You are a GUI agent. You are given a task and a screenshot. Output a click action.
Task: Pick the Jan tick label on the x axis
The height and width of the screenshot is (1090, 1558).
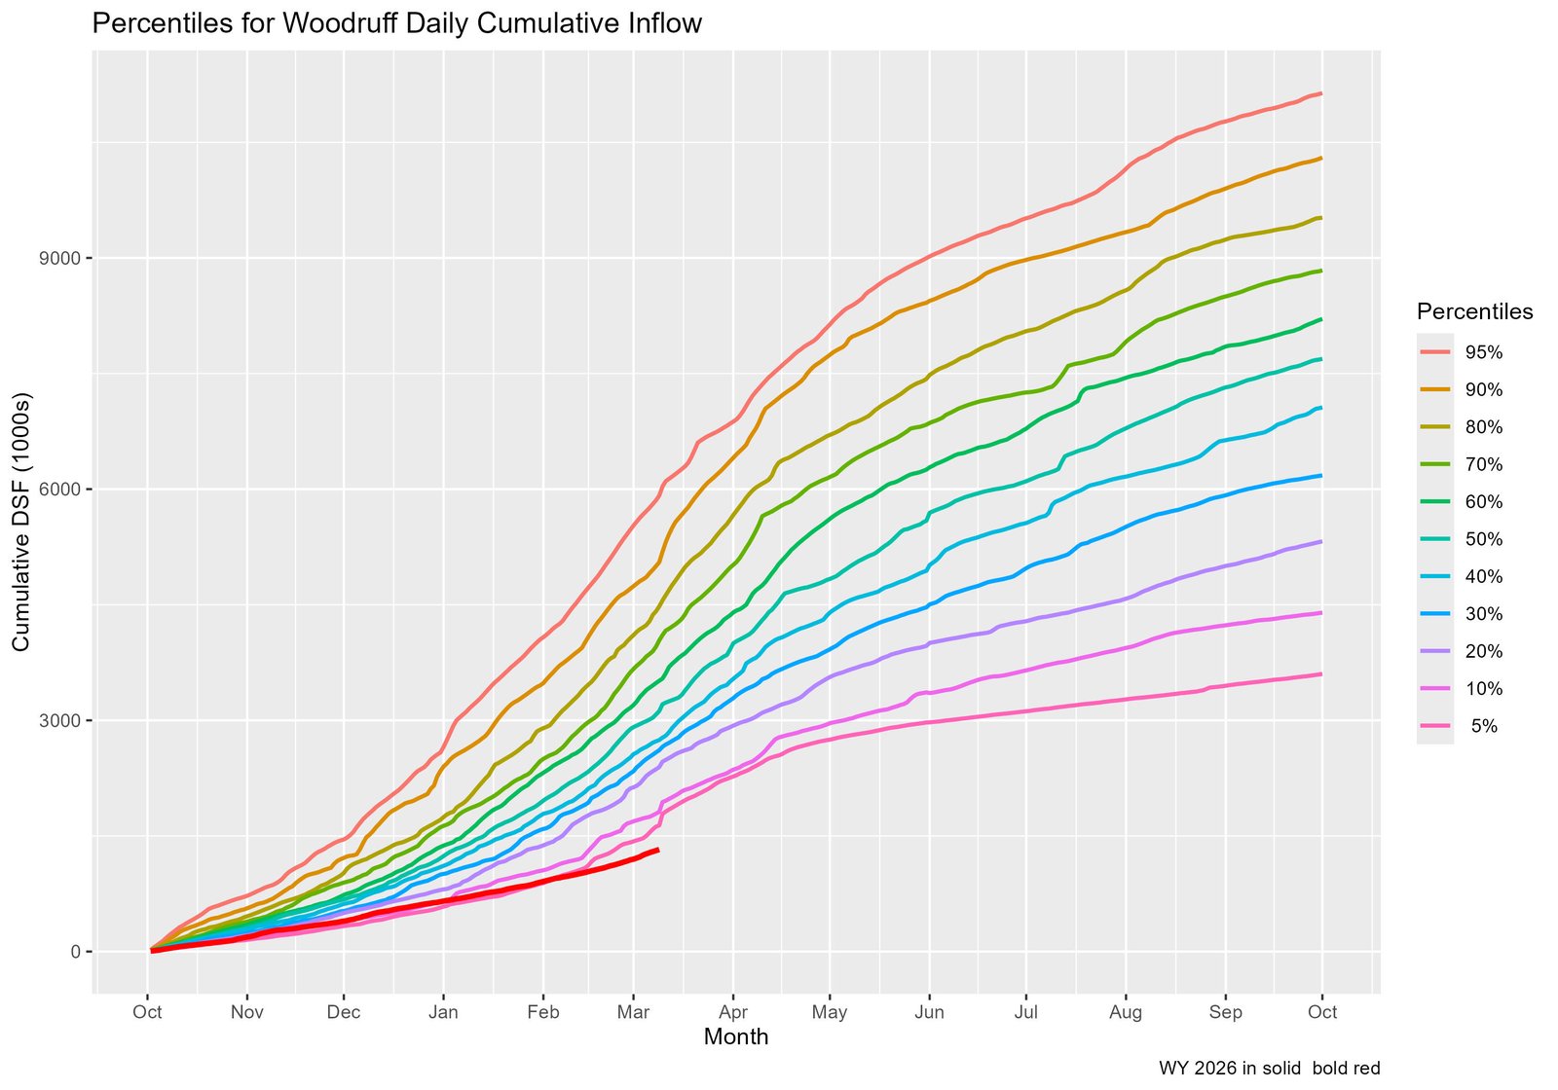click(443, 1012)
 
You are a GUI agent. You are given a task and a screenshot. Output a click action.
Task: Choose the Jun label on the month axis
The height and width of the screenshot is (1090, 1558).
click(930, 1012)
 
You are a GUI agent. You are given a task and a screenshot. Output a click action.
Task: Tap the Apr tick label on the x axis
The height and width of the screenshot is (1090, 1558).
click(733, 1012)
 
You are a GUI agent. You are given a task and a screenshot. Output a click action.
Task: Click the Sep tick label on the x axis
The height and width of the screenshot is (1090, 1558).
click(1225, 1012)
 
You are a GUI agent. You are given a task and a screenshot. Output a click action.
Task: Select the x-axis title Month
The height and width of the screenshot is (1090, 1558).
click(736, 1037)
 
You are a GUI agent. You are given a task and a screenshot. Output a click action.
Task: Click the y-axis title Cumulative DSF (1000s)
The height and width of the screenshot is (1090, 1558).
click(21, 522)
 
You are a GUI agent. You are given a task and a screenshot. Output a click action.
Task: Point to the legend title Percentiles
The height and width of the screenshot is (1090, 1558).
click(1475, 312)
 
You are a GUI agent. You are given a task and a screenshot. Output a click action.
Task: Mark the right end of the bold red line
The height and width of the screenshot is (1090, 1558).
click(659, 850)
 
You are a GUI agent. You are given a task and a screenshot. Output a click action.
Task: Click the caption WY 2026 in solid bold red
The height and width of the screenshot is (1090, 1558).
click(1269, 1068)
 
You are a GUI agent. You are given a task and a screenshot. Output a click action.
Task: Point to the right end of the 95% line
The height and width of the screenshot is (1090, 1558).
click(1321, 93)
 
